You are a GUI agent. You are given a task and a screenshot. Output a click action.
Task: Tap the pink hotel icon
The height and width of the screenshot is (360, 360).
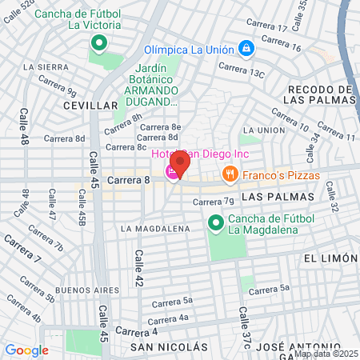[172, 173]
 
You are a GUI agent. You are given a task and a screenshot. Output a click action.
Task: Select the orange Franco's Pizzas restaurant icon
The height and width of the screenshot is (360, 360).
[230, 173]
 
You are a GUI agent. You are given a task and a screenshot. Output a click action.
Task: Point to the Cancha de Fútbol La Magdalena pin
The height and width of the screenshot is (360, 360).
[214, 223]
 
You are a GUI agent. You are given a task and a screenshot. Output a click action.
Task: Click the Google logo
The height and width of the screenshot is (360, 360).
[26, 350]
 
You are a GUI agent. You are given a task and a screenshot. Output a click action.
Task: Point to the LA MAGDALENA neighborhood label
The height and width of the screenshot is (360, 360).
[155, 228]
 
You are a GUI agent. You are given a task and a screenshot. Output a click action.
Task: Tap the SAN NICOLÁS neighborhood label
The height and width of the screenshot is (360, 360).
[169, 347]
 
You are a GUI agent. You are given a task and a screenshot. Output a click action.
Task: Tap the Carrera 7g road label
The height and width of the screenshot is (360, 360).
[218, 201]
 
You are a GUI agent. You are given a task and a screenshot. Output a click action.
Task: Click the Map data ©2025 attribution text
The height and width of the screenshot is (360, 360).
[326, 353]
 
